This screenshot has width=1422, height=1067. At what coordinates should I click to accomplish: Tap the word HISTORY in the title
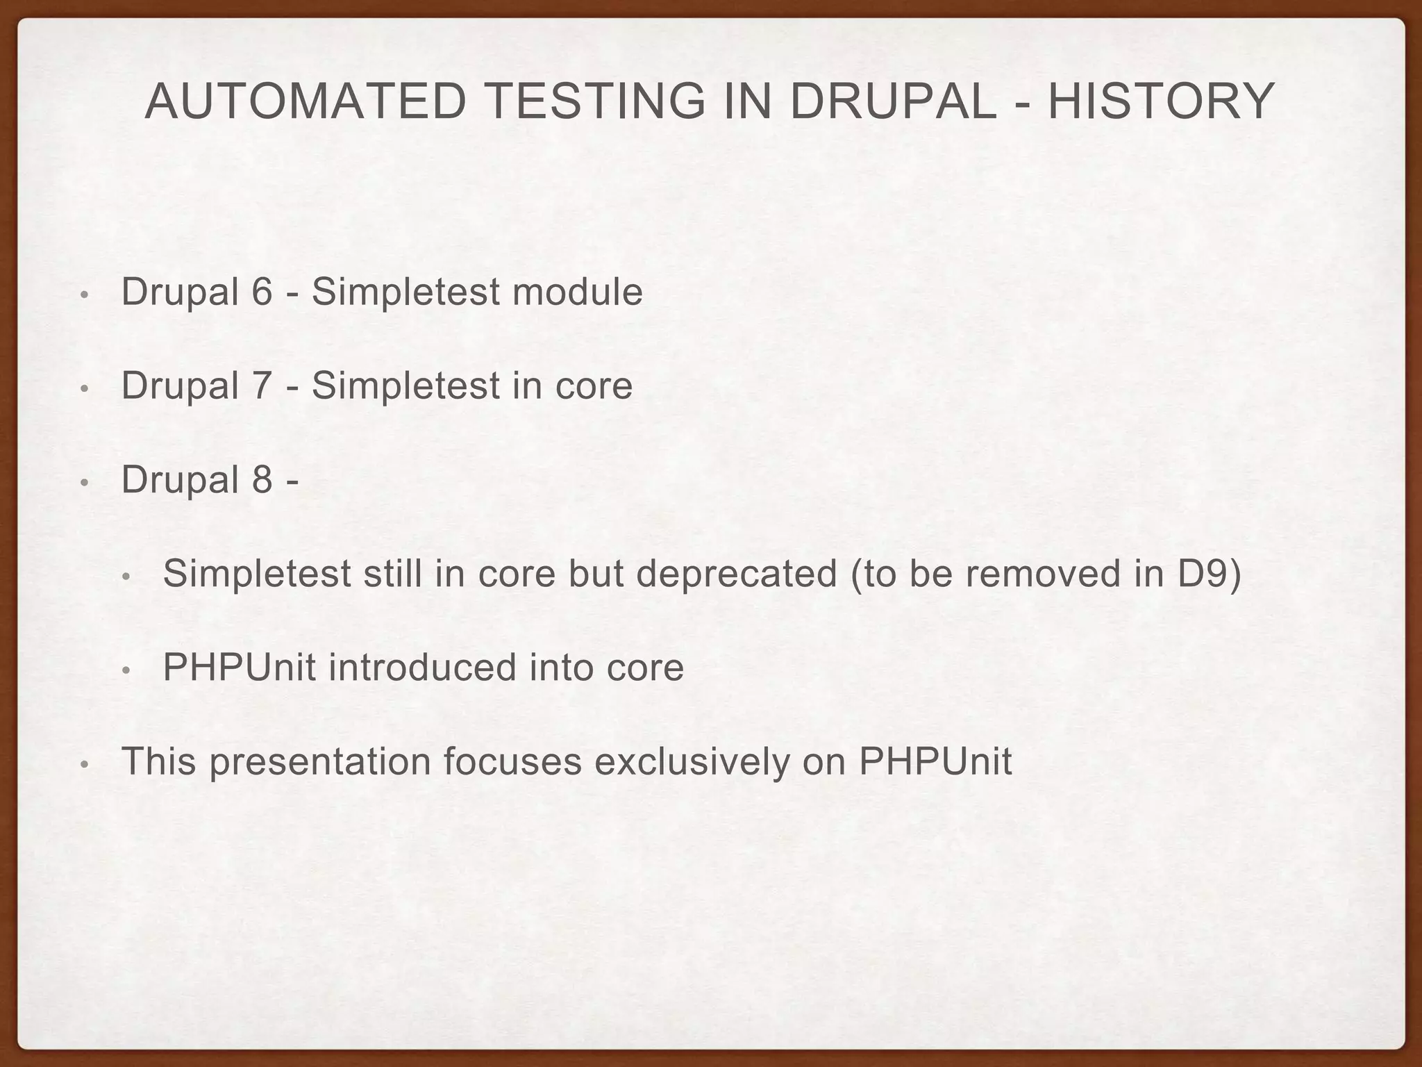[x=1160, y=102]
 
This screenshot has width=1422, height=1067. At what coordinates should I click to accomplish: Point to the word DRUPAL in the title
[x=892, y=102]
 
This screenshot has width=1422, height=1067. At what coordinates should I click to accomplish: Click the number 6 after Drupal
[x=262, y=291]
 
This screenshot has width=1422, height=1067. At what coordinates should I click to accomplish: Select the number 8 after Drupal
[x=262, y=479]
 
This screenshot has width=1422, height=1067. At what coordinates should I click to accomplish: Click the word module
[x=577, y=292]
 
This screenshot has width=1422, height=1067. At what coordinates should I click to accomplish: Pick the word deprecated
[x=736, y=574]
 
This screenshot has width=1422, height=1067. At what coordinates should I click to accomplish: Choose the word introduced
[x=422, y=668]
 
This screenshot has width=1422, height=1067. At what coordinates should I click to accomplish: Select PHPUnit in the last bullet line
[x=935, y=761]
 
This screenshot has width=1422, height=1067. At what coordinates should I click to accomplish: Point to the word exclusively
[x=692, y=761]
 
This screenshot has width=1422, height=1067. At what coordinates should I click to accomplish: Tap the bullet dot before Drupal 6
[x=84, y=295]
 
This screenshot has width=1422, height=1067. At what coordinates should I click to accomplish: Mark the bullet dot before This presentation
[x=84, y=765]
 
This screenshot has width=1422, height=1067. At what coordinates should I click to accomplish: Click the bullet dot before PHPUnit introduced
[x=126, y=671]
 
